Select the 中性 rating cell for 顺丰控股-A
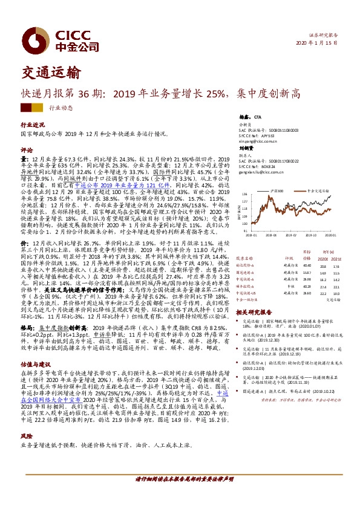[289, 287]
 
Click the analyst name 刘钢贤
[247, 148]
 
